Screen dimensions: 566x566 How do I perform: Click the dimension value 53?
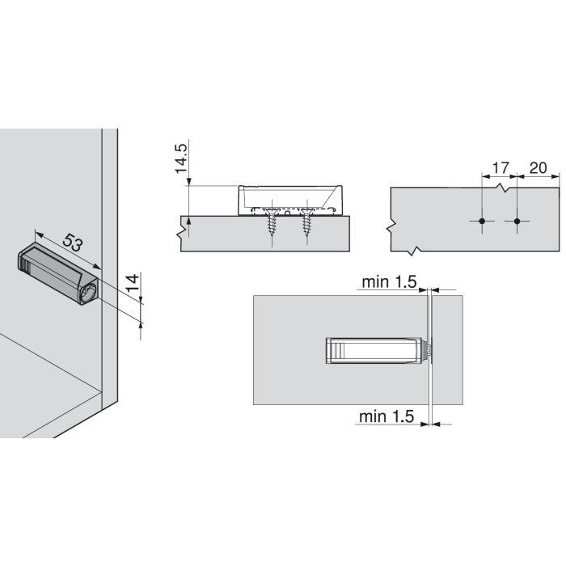coord(73,243)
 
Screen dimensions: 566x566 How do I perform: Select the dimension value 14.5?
coord(181,158)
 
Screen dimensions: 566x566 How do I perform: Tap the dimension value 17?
coord(500,168)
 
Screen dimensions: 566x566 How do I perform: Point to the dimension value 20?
coord(538,168)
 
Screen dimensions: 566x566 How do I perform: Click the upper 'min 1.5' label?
coord(389,282)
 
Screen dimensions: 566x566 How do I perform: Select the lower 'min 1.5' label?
coord(386,416)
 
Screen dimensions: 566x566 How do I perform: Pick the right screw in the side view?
coord(306,221)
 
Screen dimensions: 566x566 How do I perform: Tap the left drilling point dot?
coord(482,221)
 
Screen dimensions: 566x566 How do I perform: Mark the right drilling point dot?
coord(517,221)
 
